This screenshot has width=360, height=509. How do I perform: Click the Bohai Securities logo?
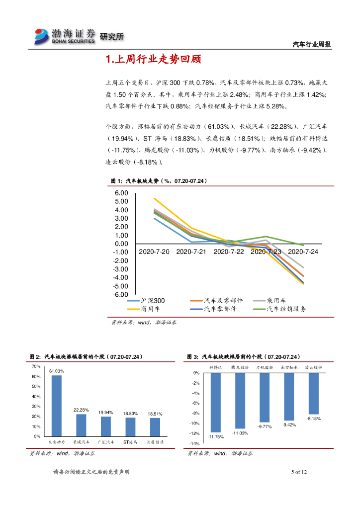coord(65,36)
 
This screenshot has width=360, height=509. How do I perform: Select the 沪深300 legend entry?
coord(146,301)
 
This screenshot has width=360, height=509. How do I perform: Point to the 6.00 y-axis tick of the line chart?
coord(121,193)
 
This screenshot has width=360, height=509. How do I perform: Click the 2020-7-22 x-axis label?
coord(229,252)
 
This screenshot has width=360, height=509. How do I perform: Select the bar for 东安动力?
coord(57,405)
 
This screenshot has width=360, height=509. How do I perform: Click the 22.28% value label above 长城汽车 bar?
coord(81,410)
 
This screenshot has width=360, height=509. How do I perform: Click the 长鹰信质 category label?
coord(155,441)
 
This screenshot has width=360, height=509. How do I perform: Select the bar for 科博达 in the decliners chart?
coord(215,402)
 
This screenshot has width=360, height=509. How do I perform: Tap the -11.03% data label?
coord(240,433)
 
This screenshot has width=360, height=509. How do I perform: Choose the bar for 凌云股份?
coord(314,393)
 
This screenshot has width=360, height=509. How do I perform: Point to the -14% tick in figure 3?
coord(194,444)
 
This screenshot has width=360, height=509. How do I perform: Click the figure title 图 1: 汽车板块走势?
coord(158,181)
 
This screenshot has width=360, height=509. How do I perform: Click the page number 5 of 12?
coord(299,472)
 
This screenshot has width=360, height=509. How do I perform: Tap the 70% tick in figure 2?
coord(36,366)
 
